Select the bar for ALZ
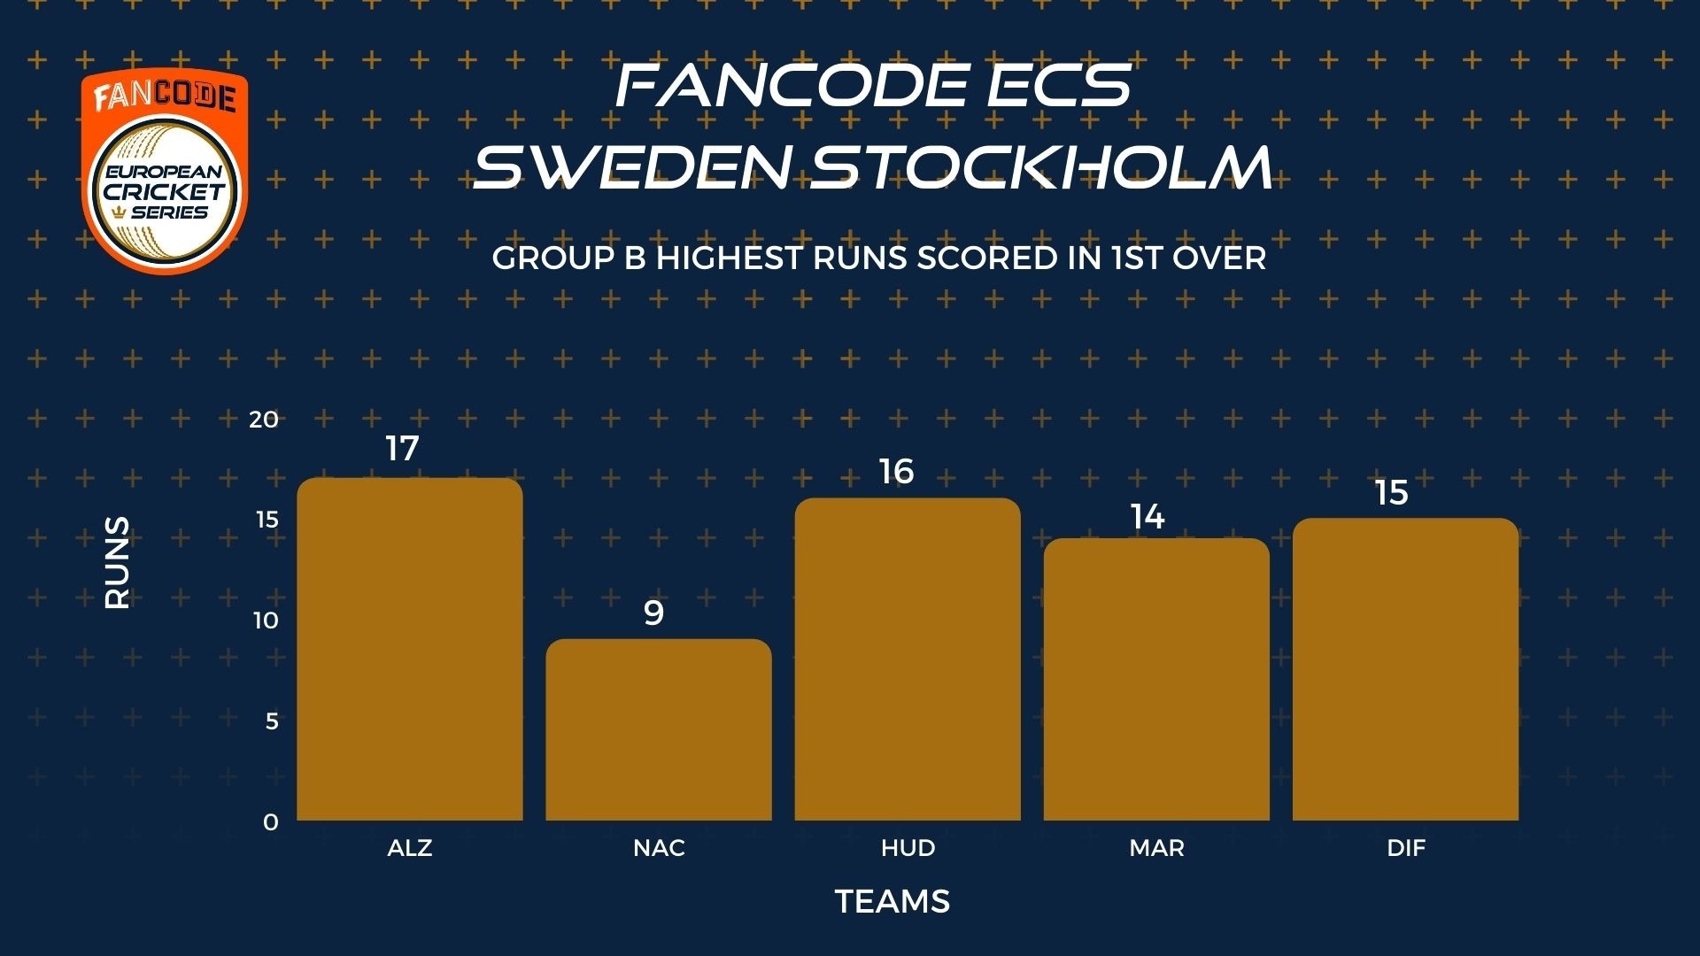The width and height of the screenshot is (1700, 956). (x=409, y=649)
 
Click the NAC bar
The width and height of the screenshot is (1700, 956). (x=659, y=729)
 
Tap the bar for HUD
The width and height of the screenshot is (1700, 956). (x=908, y=659)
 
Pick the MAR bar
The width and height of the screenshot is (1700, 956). (x=1156, y=679)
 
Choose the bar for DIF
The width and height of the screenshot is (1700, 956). (x=1406, y=669)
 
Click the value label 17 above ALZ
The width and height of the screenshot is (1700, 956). (x=402, y=449)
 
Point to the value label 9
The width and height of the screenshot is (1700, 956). (x=653, y=613)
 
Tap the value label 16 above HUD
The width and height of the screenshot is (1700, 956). (x=896, y=472)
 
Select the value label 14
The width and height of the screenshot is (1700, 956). (x=1147, y=517)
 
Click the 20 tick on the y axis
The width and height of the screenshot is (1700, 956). (x=264, y=419)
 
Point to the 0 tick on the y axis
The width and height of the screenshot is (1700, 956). (x=271, y=821)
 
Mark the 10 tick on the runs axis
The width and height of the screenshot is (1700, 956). (x=266, y=620)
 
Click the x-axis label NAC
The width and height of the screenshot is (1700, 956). (x=659, y=848)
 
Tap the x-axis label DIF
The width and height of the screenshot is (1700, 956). (x=1406, y=848)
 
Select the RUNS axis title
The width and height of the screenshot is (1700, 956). (x=117, y=563)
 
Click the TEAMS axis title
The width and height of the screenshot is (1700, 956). (x=892, y=901)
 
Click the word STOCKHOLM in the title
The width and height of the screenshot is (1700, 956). (x=1042, y=166)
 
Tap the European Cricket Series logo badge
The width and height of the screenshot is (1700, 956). (x=165, y=171)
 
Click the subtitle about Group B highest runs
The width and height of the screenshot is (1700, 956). (x=878, y=258)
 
